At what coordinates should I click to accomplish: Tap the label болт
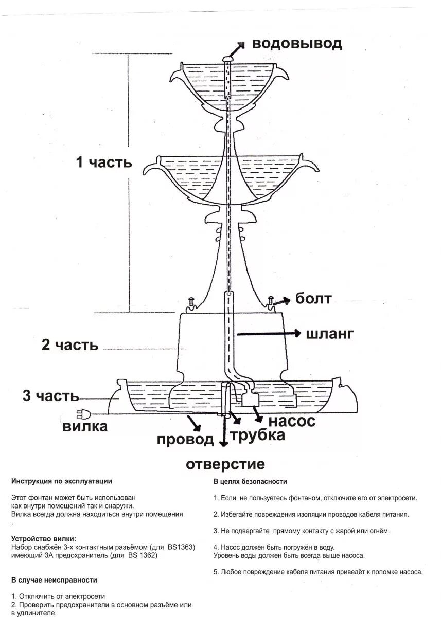click(313, 298)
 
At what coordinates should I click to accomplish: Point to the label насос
click(292, 421)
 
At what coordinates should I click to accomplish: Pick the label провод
click(185, 440)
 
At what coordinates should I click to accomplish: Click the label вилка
click(85, 426)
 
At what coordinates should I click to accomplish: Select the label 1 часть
click(104, 162)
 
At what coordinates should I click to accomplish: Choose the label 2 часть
click(70, 344)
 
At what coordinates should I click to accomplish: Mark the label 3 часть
click(50, 396)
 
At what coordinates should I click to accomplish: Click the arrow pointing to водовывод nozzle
click(238, 49)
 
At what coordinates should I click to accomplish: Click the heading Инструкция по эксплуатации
click(61, 481)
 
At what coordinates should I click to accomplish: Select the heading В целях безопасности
click(250, 481)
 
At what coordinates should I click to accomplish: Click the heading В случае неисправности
click(54, 579)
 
